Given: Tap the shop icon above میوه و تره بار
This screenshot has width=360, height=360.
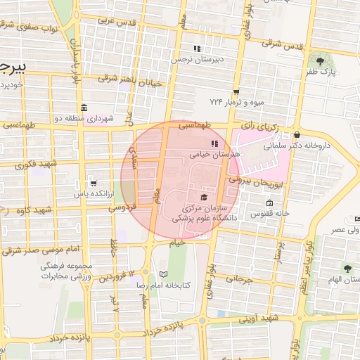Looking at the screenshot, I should (x=236, y=91).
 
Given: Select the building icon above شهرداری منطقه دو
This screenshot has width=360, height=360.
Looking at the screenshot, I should (x=84, y=108).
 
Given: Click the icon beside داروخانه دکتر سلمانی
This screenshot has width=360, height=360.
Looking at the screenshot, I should (x=297, y=135).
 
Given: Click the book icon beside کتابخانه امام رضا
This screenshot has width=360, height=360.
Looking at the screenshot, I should (x=164, y=274).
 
